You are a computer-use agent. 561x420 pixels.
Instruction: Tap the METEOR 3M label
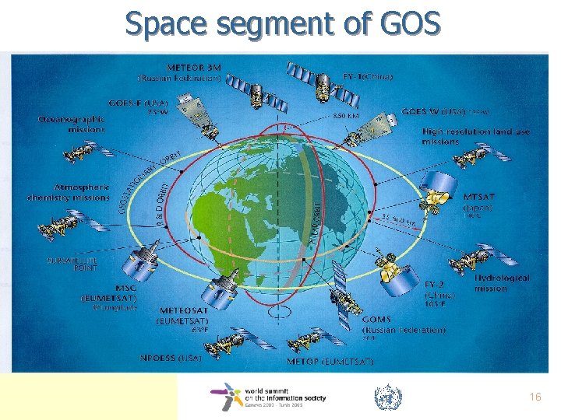pos(180,72)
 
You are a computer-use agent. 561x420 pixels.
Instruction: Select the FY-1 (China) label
pos(368,76)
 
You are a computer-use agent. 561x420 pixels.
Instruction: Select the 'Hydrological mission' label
pos(503,282)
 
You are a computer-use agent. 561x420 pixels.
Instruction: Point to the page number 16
pos(535,397)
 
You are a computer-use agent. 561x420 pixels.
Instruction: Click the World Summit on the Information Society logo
pos(268,396)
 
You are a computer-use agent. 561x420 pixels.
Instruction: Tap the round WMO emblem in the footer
pos(387,397)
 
